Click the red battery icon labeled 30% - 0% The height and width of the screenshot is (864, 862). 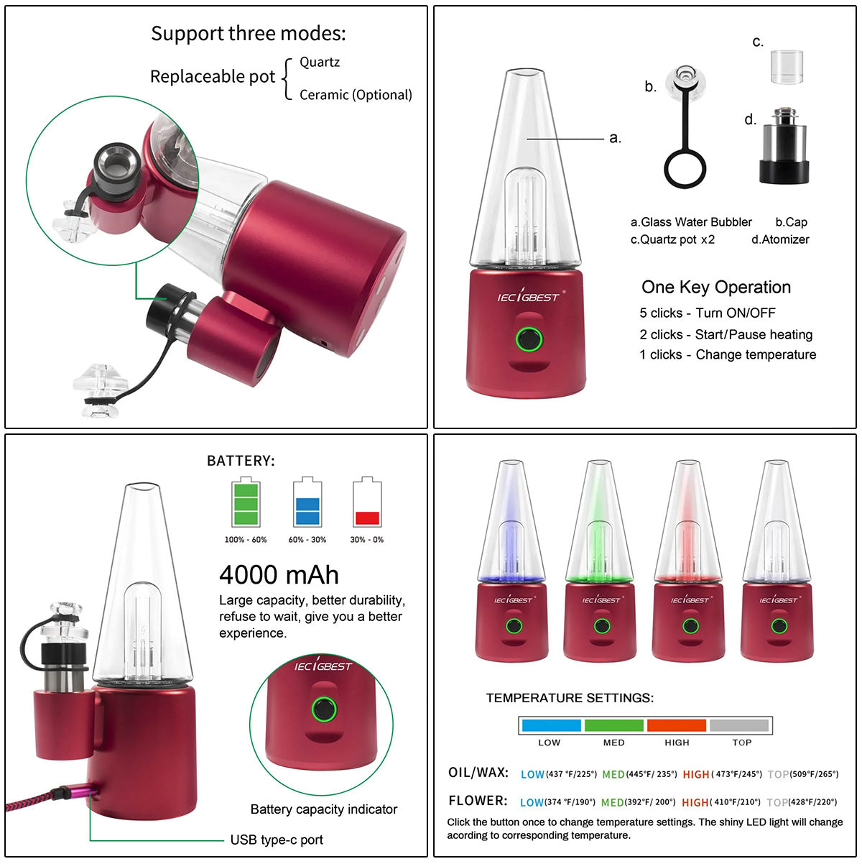[x=367, y=503]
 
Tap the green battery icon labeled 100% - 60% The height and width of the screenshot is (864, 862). [x=245, y=503]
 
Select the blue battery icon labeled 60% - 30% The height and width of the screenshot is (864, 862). [x=307, y=503]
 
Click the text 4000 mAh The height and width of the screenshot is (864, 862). [x=279, y=575]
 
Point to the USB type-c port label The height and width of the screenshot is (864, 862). [x=277, y=840]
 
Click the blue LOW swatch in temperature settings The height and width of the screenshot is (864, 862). [x=551, y=725]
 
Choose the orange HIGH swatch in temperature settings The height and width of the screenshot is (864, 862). [x=677, y=725]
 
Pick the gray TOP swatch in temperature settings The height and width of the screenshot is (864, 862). [x=739, y=725]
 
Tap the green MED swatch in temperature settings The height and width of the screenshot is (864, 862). [x=614, y=725]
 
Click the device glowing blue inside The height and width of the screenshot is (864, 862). [x=512, y=561]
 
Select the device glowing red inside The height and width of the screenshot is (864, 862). [x=690, y=561]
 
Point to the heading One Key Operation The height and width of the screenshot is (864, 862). [x=716, y=288]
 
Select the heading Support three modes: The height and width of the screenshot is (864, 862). [x=248, y=34]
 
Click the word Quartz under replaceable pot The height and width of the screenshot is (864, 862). [x=320, y=62]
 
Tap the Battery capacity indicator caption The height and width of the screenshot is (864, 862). [x=324, y=809]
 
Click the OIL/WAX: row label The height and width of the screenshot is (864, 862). [x=478, y=773]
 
